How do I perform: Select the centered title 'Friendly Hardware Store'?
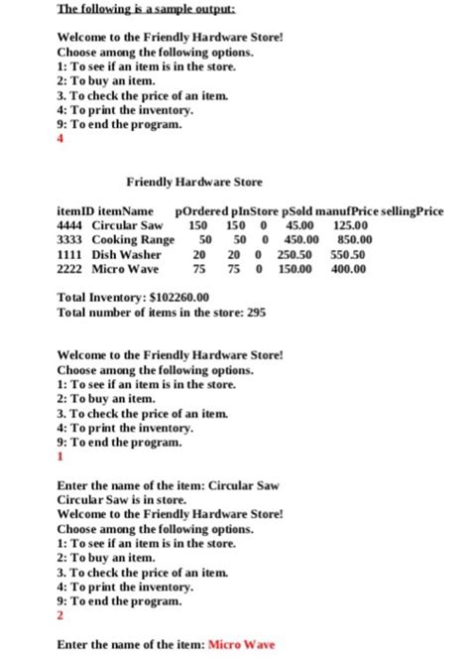point(194,184)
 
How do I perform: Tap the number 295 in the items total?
point(256,311)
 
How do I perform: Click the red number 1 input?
point(62,457)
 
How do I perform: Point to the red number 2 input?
point(62,615)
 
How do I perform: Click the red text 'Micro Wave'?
point(243,644)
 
